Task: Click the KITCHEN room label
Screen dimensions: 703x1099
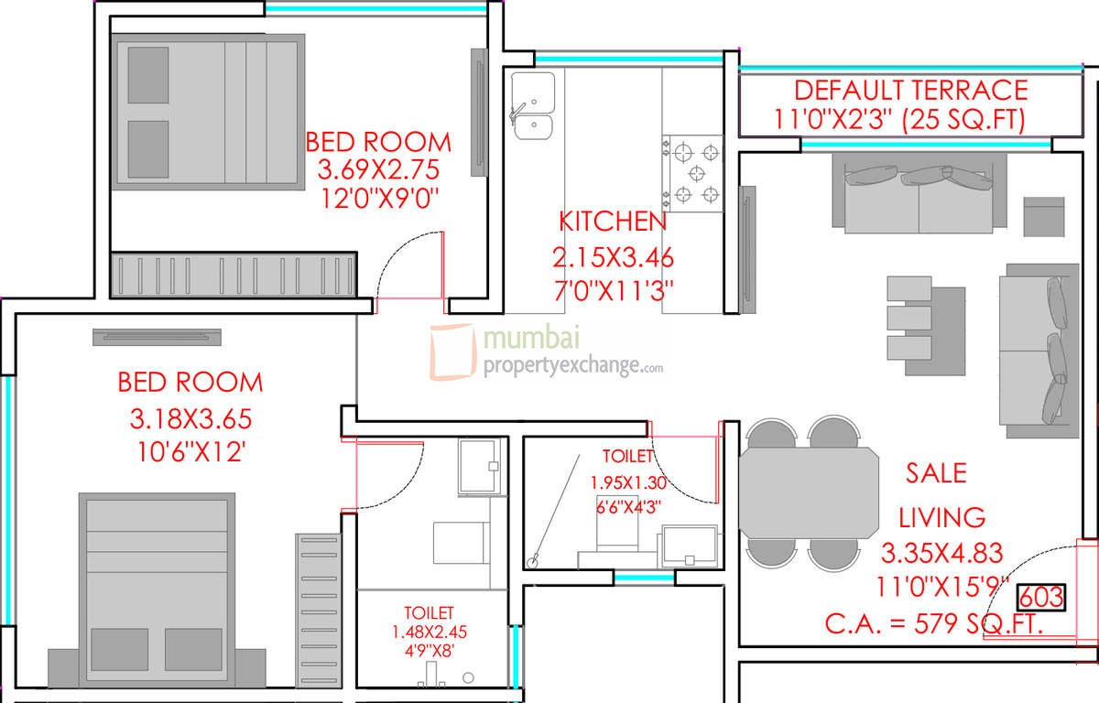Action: point(612,222)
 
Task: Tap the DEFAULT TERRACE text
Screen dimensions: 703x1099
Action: point(910,91)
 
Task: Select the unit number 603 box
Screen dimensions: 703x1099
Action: point(1041,597)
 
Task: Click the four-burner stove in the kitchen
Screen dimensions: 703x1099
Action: point(693,173)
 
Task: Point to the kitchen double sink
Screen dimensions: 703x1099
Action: point(533,107)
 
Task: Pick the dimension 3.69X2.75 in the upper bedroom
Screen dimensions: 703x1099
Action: point(378,170)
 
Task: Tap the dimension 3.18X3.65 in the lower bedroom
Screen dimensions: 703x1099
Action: point(190,419)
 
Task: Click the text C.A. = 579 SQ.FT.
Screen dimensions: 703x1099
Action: point(934,624)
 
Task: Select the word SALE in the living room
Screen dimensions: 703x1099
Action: point(936,472)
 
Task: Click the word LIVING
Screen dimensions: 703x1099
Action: point(941,517)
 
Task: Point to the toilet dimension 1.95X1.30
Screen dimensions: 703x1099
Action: point(627,481)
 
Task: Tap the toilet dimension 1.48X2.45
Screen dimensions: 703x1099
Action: point(429,632)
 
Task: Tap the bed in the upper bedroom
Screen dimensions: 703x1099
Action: point(207,112)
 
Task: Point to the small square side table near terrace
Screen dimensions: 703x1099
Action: point(1043,217)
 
